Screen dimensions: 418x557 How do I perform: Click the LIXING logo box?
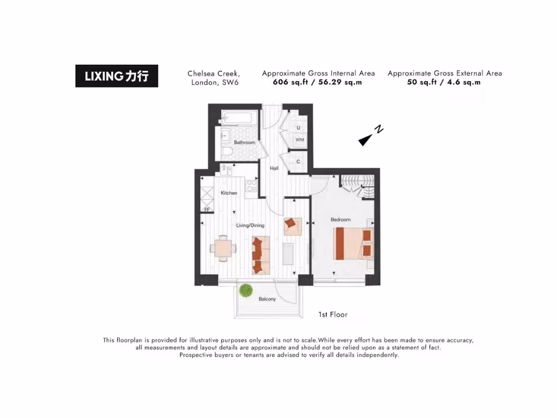click(116, 76)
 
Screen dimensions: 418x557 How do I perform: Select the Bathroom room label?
click(244, 143)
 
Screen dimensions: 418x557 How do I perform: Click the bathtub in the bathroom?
click(239, 118)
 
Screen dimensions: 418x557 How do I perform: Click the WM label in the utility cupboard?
click(299, 140)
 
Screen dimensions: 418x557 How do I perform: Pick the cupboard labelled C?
click(298, 162)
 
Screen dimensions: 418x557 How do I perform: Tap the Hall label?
click(274, 169)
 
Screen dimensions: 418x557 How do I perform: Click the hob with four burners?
click(252, 186)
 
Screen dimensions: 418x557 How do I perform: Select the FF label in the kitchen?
click(207, 209)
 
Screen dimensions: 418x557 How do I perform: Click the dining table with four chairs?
click(224, 249)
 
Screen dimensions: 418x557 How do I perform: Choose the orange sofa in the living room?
click(261, 254)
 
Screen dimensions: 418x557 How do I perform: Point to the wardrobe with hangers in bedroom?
click(358, 185)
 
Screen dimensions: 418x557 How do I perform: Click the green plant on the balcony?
click(246, 290)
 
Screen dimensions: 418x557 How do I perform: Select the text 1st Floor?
click(332, 315)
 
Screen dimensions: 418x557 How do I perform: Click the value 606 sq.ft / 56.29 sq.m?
click(317, 82)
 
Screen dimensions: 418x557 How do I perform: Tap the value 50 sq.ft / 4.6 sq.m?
click(444, 82)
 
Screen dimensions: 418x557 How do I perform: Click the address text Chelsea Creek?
click(214, 73)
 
